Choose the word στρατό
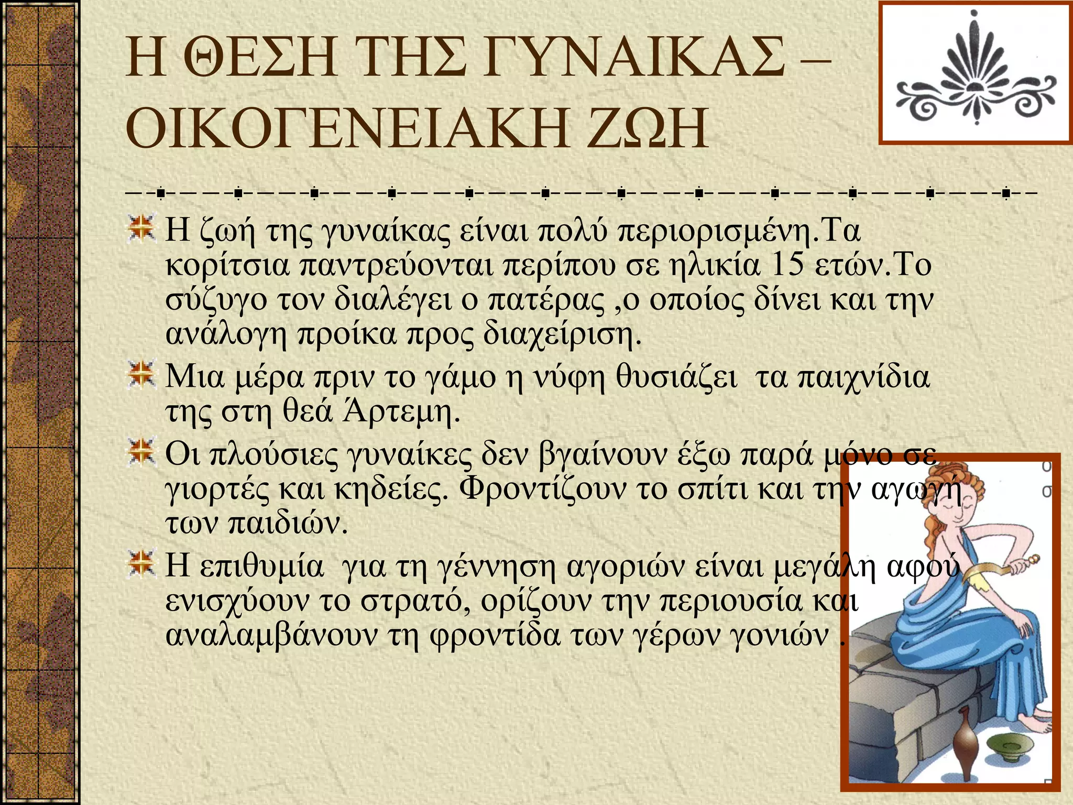click(x=414, y=601)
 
